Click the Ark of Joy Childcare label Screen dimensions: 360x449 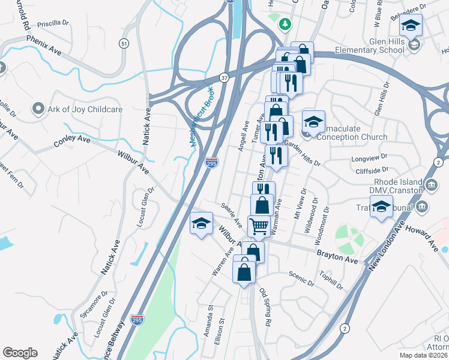click(85, 110)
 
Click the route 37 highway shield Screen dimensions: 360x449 click(223, 77)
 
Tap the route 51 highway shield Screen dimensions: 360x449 click(124, 43)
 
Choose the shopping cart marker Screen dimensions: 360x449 click(259, 226)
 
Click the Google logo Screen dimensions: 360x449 click(20, 353)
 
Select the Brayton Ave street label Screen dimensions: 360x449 click(337, 256)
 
